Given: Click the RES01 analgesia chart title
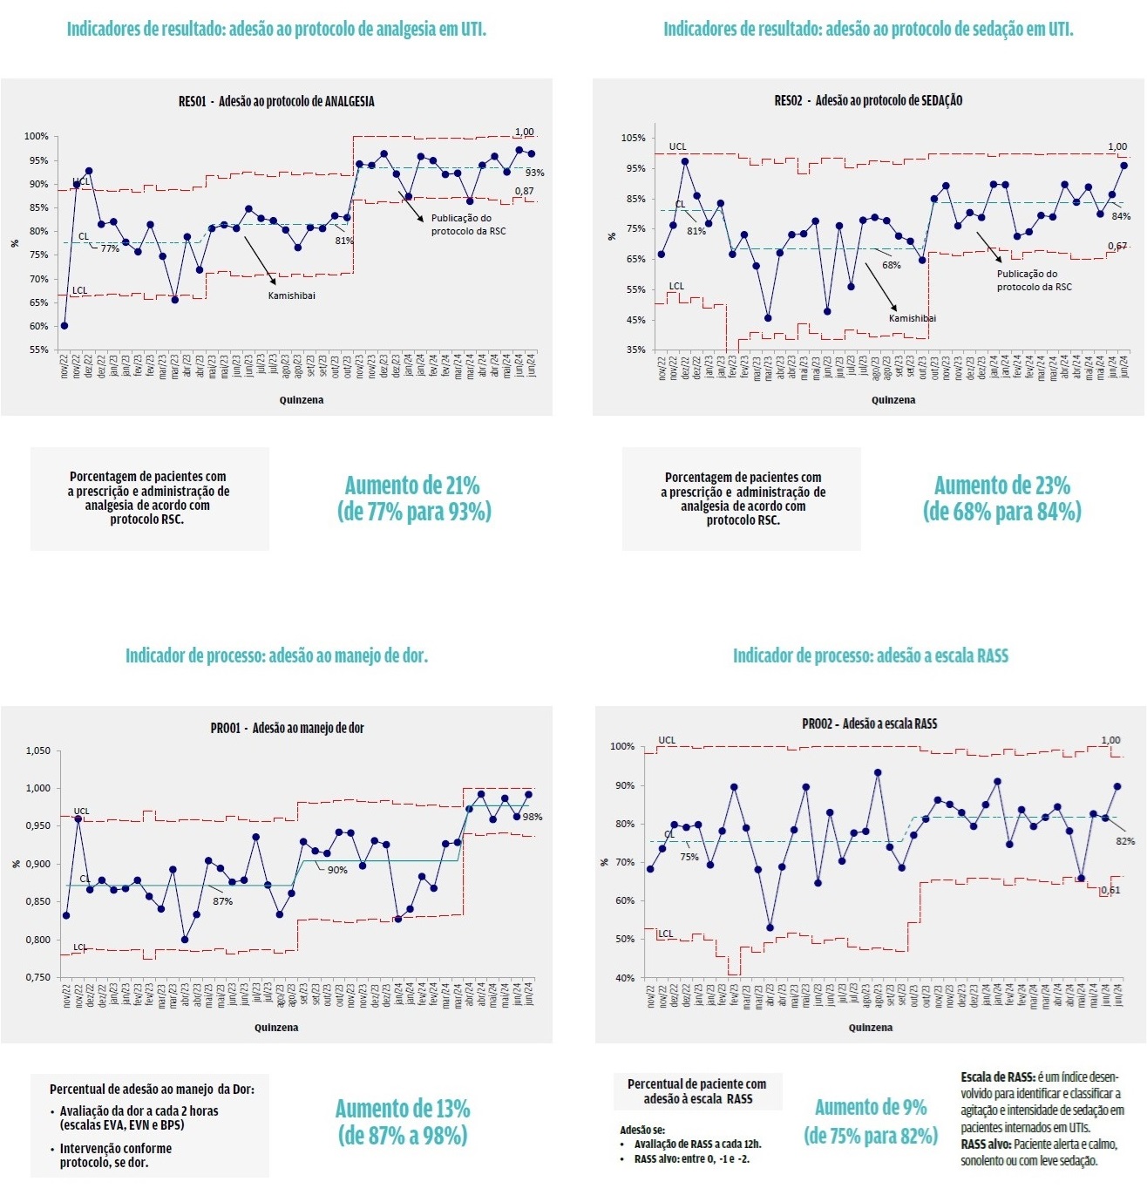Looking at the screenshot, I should point(276,101).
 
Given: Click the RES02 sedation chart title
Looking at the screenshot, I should point(868,100).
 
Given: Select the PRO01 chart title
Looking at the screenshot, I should point(287,728).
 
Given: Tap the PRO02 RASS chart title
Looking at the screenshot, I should point(869,723).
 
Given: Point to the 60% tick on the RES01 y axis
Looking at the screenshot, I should point(37,326).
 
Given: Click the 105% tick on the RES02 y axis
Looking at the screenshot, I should point(633,138).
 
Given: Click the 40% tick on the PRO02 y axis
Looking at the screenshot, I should point(624,978).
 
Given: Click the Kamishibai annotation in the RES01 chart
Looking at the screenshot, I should point(292,295).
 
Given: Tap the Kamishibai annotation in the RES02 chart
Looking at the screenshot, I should point(912,318).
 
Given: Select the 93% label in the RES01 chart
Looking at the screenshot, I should point(534,173).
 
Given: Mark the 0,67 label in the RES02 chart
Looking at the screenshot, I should point(1117,247).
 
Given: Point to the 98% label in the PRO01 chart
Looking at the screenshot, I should point(533,817).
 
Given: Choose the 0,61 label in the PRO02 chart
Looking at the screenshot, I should point(1110,890).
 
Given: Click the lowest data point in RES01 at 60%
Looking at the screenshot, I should point(64,325).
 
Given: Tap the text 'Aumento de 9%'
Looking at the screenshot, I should point(870,1107).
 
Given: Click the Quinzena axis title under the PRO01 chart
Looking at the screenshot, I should point(276,1028).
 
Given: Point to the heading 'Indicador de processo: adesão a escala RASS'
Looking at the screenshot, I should point(870,655).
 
